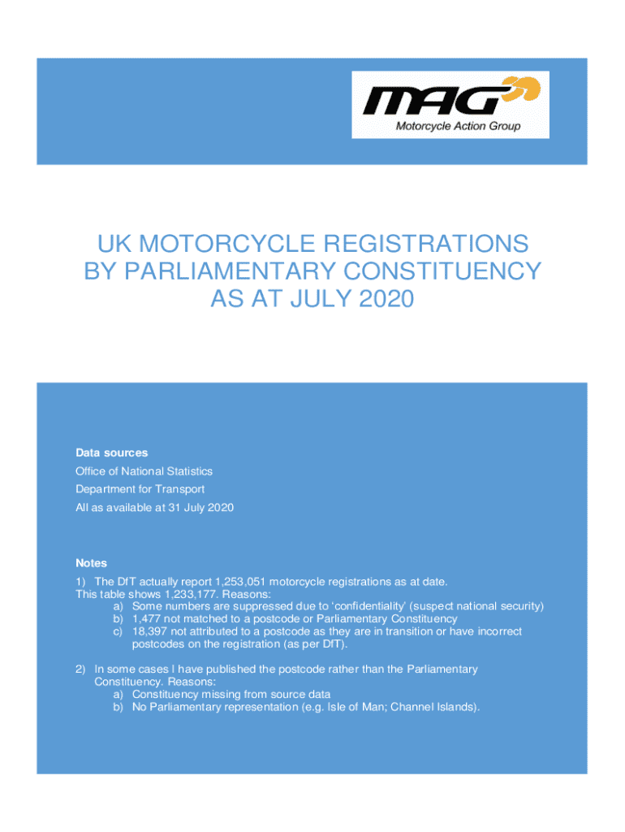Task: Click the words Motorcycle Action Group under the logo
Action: (458, 126)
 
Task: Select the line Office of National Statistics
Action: (144, 471)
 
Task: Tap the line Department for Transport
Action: (140, 489)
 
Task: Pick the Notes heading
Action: (91, 563)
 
